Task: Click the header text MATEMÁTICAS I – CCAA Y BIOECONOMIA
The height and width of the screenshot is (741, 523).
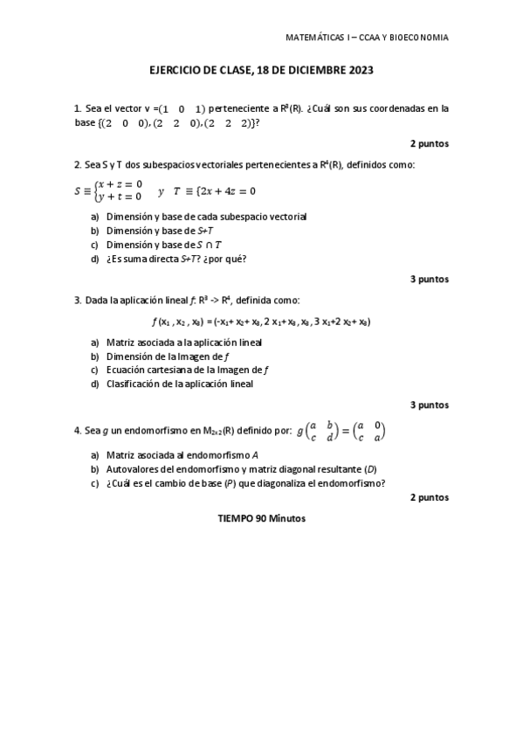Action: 368,38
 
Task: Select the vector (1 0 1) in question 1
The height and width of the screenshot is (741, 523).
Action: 182,108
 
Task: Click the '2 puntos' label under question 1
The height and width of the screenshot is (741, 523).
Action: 430,142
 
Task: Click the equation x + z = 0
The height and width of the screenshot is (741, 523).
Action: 120,184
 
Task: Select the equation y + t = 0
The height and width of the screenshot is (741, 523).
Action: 120,197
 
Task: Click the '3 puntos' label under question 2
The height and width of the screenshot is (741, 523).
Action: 430,279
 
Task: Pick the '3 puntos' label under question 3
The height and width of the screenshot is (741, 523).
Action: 430,405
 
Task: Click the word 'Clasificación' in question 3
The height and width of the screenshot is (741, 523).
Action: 133,383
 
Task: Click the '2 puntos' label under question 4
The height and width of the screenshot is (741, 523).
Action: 430,497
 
